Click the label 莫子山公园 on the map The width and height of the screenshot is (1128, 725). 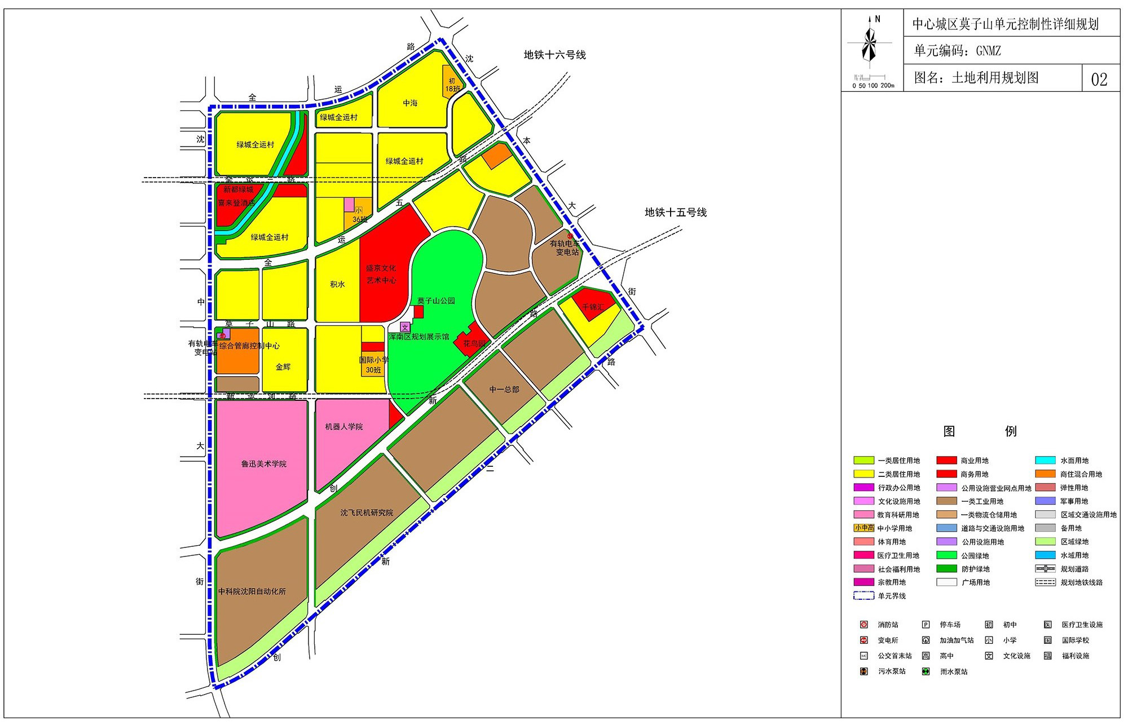click(436, 301)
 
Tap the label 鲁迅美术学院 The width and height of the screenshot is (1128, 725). click(264, 464)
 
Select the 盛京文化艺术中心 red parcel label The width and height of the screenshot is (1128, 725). click(381, 275)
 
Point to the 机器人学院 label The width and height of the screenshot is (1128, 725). click(344, 427)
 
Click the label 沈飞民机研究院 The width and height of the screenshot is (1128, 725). click(367, 513)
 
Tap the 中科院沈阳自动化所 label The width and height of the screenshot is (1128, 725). click(252, 591)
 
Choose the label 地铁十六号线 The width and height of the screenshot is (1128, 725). click(555, 55)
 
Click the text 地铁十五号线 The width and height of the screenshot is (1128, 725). click(676, 213)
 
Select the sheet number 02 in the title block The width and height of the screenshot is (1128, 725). click(1099, 79)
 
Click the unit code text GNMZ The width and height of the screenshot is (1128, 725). click(989, 51)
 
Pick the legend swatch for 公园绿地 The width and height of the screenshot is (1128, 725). click(946, 555)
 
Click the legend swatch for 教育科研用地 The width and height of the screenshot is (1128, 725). click(864, 515)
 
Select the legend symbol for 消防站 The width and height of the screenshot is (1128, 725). click(863, 625)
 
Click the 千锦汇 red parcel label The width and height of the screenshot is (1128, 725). click(593, 307)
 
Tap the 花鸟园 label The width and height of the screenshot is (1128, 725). click(474, 343)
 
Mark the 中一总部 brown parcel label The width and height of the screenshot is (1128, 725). click(504, 390)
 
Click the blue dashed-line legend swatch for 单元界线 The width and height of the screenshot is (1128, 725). click(864, 596)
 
